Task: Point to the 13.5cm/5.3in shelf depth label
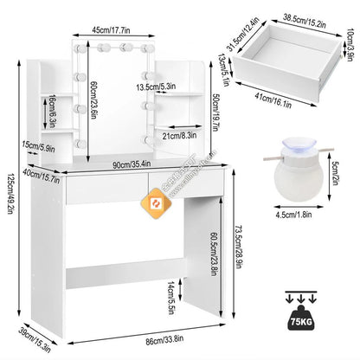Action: (157, 87)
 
